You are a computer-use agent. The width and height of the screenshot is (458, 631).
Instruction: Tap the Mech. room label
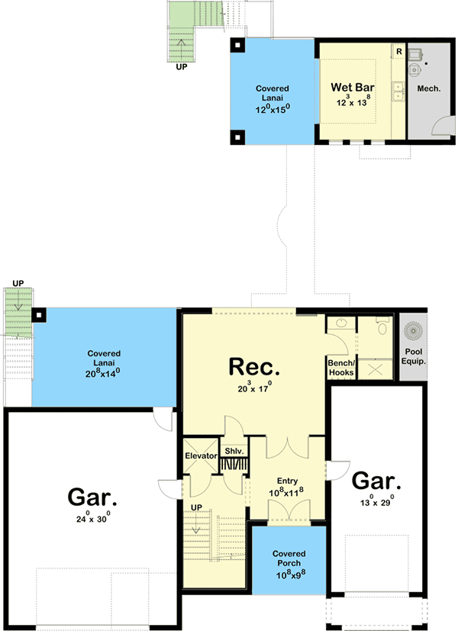coord(428,89)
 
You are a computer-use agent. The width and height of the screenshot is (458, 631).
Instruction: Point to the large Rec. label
coord(254,367)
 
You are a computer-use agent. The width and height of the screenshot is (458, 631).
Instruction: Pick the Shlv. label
coord(234,451)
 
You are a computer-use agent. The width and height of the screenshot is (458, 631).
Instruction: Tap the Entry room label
coord(287,481)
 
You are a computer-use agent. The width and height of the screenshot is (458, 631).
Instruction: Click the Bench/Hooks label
coord(341,367)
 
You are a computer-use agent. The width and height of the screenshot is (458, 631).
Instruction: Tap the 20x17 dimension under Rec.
coord(254,389)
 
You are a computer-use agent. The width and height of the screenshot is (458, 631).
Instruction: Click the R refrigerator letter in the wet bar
coord(398,51)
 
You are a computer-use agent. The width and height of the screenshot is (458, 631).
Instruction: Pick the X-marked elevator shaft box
coord(201,438)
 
